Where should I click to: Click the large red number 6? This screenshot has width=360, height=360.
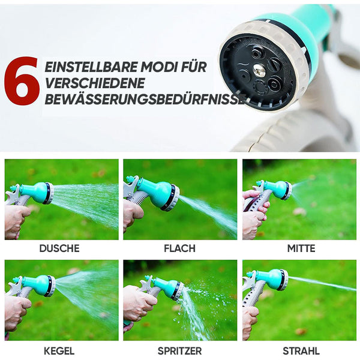(x=22, y=81)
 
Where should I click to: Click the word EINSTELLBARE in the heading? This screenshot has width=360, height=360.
(x=91, y=67)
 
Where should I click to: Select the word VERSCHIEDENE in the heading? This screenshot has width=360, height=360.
(x=95, y=83)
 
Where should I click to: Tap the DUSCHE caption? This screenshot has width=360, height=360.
(x=59, y=248)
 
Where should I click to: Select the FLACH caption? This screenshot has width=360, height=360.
(x=180, y=248)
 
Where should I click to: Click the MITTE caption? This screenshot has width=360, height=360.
(x=301, y=248)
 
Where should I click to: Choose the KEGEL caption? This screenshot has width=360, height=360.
(x=59, y=351)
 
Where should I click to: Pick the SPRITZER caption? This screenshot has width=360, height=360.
(x=180, y=351)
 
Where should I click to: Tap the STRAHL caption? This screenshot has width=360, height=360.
(x=301, y=351)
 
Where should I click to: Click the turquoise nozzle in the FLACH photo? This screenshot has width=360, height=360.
(x=158, y=192)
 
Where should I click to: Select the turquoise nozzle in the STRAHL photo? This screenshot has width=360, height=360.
(x=271, y=278)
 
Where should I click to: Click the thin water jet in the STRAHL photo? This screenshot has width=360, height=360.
(x=322, y=284)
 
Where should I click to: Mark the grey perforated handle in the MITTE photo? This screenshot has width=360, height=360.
(x=262, y=202)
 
